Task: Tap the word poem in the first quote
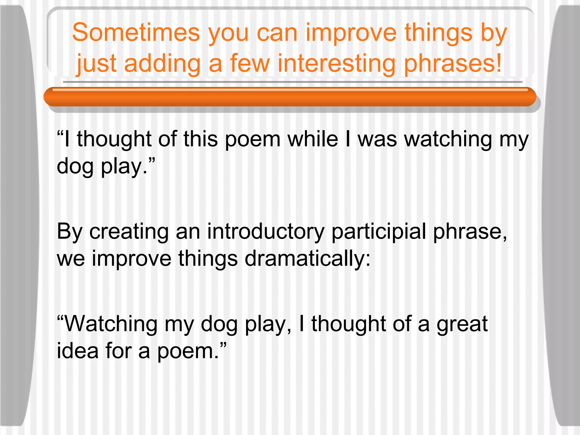coord(252,139)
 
